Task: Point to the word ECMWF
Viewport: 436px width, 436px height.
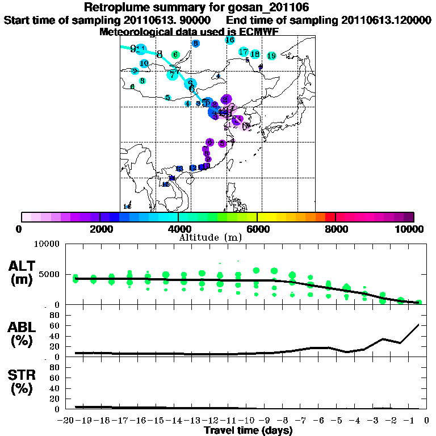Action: (x=259, y=32)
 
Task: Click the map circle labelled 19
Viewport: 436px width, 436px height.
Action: (x=271, y=56)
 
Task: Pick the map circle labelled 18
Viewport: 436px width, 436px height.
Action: (x=255, y=54)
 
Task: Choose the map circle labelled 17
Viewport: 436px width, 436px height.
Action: (x=244, y=52)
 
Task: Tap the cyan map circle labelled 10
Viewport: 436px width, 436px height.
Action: (x=144, y=63)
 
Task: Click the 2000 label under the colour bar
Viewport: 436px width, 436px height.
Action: (x=99, y=229)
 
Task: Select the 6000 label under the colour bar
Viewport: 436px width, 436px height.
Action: (x=257, y=229)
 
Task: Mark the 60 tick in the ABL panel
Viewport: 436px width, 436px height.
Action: (x=54, y=325)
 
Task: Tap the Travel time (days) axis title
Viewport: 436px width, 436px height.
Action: (x=248, y=431)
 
